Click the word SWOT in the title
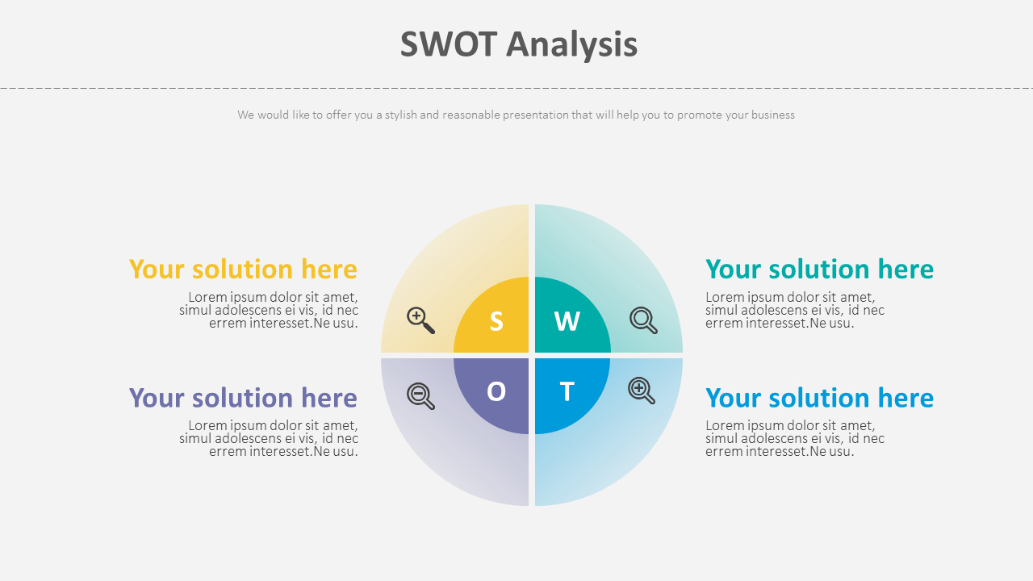[448, 44]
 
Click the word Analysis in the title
[572, 45]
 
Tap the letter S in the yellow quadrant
[496, 321]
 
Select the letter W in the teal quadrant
[567, 321]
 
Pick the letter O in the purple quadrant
[496, 391]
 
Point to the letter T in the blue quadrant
[567, 391]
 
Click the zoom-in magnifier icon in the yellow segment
[420, 320]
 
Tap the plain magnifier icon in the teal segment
[643, 320]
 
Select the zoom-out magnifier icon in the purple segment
[420, 396]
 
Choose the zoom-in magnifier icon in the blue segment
[642, 391]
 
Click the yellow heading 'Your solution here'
[243, 270]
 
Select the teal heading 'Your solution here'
[819, 270]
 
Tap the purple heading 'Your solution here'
[243, 398]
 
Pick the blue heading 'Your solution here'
[819, 398]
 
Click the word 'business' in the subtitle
[773, 115]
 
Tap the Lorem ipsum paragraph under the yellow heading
[269, 310]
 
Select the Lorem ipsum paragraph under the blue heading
[795, 438]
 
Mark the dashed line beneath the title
[516, 88]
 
